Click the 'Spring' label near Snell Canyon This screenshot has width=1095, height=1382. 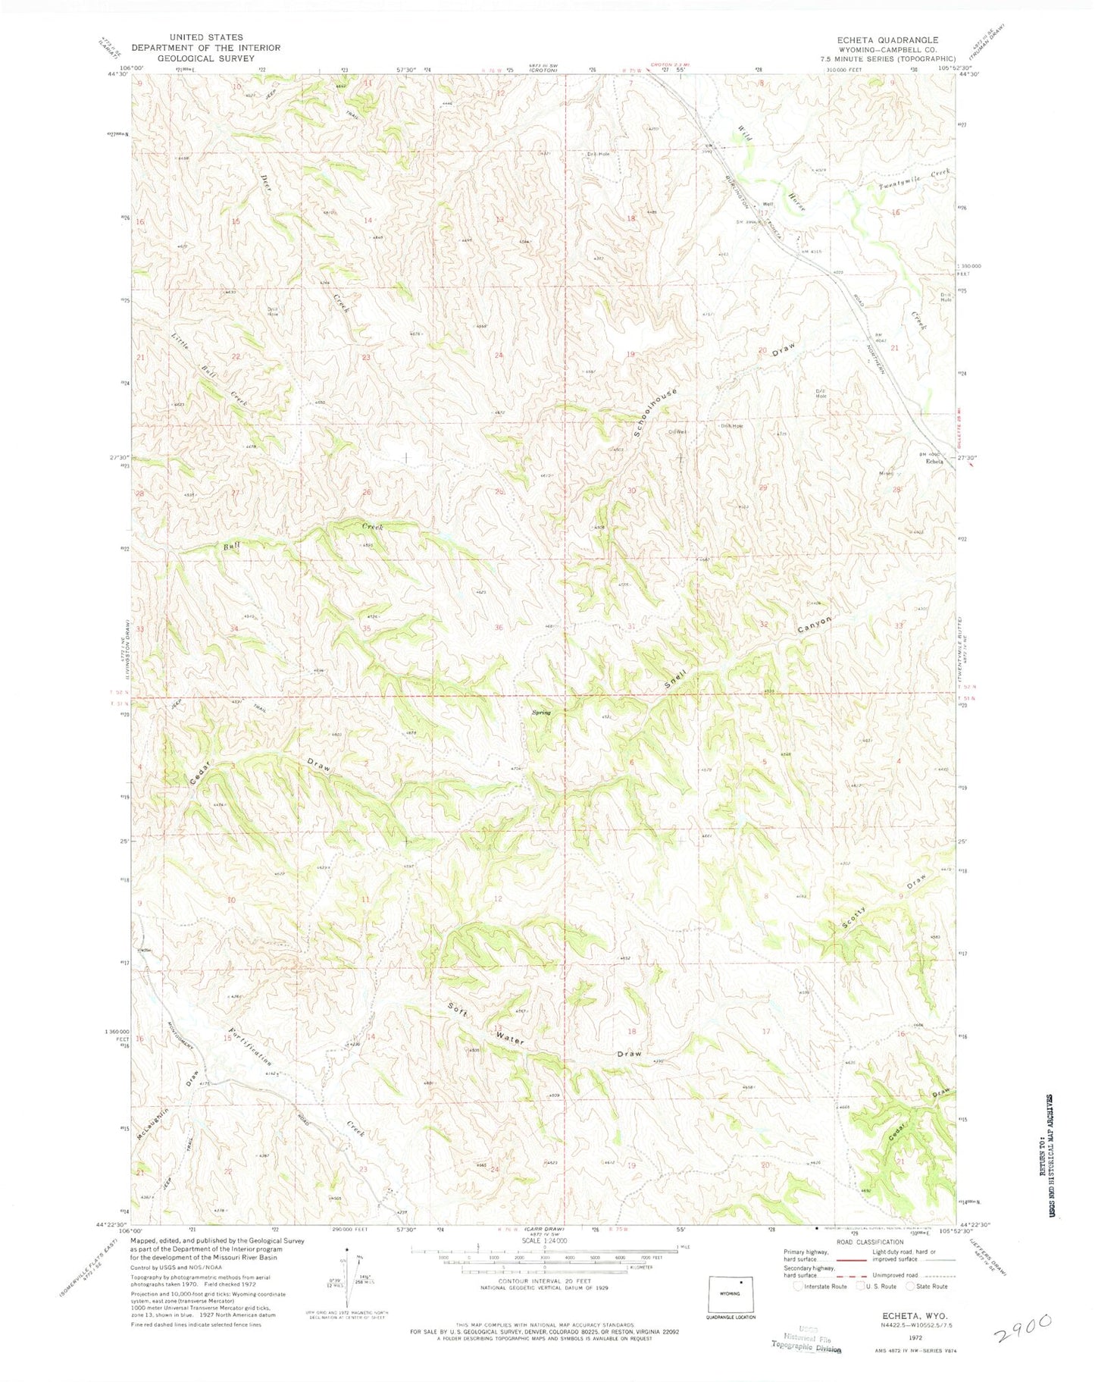(540, 713)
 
